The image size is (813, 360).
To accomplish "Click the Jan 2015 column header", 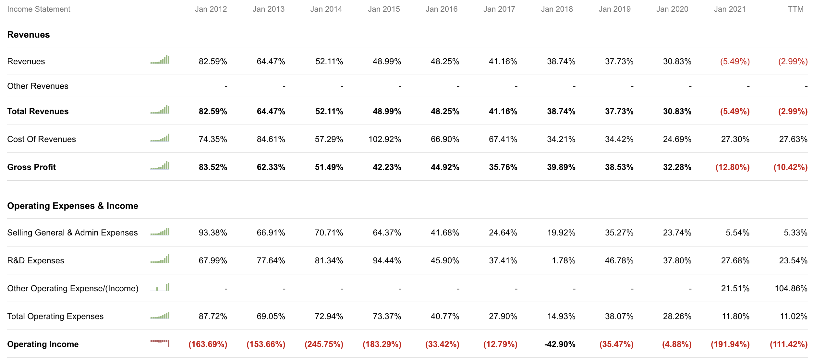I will point(384,9).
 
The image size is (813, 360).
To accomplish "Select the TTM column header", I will point(795,9).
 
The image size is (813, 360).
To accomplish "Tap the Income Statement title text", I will point(39,9).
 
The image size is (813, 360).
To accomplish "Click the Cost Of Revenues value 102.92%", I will point(385,139).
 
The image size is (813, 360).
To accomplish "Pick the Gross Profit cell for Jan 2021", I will point(733,167).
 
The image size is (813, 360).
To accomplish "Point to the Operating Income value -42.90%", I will point(560,344).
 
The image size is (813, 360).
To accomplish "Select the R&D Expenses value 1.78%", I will point(564,261).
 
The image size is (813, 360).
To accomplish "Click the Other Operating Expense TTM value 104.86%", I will point(791,289).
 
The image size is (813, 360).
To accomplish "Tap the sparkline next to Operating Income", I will point(160,343).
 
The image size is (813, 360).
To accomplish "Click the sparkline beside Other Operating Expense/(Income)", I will point(160,287).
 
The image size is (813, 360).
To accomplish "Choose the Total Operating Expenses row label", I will point(55,317).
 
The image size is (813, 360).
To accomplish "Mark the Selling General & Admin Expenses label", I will point(72,233).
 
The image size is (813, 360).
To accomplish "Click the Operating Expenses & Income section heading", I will point(73,206).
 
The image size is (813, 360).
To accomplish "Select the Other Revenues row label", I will point(38,86).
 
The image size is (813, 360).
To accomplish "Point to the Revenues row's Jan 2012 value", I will point(213,62).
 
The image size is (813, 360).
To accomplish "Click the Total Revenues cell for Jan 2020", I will point(677,112).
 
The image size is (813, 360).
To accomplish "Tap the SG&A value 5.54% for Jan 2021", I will point(737,233).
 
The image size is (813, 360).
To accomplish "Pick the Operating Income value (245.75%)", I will point(324,344).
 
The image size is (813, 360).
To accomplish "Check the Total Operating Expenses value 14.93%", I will point(561,317).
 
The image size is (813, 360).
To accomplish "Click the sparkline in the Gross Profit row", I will point(160,166).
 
